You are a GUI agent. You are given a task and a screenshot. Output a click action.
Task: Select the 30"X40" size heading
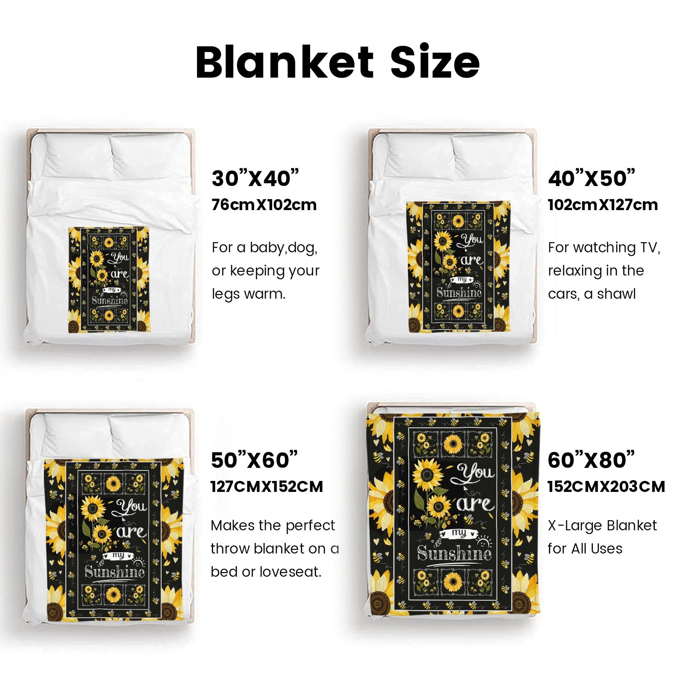[x=255, y=178]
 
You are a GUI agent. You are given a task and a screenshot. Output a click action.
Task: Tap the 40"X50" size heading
[x=591, y=178]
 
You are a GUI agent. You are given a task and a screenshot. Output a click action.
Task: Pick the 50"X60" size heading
[x=254, y=460]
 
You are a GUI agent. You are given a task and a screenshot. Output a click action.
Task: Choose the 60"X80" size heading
[x=591, y=460]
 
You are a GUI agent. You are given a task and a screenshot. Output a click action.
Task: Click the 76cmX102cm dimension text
[x=264, y=205]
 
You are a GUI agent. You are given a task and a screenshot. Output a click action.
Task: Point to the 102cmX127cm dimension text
[x=603, y=205]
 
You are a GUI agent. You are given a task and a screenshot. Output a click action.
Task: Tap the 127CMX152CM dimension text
[x=267, y=487]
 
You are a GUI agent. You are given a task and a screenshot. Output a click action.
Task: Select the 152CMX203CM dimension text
[x=606, y=487]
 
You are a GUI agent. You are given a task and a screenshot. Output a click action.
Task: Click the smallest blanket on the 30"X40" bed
[x=109, y=280]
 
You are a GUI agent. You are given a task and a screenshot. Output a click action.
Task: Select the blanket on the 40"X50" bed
[x=459, y=267]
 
